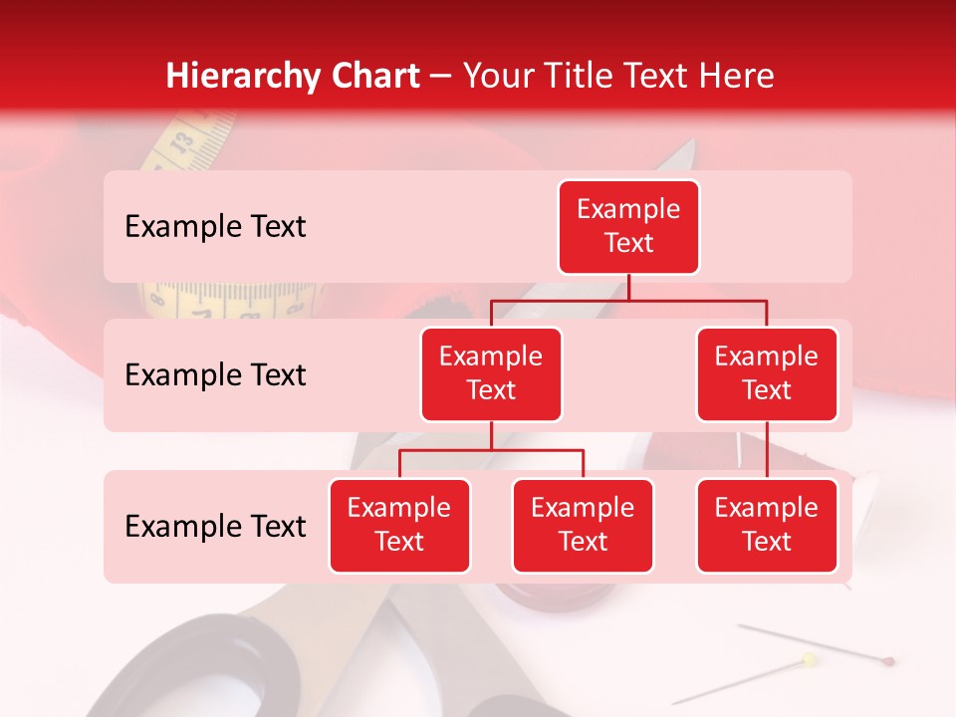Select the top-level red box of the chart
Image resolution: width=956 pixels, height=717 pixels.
pos(628,226)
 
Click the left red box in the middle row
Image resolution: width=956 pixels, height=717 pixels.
pos(491,373)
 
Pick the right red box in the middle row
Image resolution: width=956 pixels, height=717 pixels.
pos(767,373)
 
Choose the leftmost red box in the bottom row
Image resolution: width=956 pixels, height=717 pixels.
pos(399,525)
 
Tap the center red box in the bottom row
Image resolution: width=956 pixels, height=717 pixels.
pos(583,525)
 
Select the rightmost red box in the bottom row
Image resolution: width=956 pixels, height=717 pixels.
pos(767,525)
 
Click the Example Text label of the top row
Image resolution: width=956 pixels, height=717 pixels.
pos(215,227)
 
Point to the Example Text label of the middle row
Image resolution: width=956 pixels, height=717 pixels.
pos(215,375)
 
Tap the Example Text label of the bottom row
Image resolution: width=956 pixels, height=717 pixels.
pos(215,527)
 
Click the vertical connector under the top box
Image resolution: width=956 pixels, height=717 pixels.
pos(628,287)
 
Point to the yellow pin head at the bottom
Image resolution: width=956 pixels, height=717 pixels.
pos(809,659)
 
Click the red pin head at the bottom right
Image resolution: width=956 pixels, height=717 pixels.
pos(888,660)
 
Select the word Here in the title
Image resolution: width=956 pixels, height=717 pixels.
pos(738,76)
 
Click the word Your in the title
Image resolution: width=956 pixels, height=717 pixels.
pos(493,76)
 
